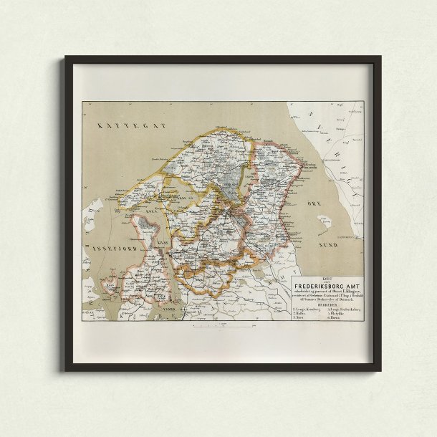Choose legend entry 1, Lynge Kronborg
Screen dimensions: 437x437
pyautogui.click(x=307, y=308)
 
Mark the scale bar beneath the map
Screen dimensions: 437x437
pyautogui.click(x=223, y=325)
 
